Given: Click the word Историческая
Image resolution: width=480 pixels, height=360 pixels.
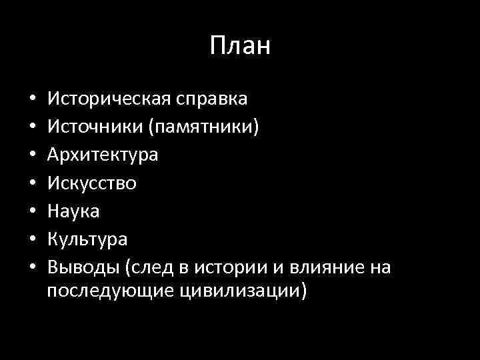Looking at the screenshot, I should [109, 99].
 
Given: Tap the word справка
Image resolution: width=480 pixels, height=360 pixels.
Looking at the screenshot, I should [212, 99].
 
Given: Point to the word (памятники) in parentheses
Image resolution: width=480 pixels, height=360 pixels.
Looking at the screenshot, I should [199, 127].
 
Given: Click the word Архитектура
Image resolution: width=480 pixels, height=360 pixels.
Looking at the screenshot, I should [103, 155].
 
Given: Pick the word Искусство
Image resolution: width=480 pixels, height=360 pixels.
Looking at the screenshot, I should [93, 183].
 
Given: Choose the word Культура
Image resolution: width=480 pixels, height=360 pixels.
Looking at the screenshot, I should [88, 239].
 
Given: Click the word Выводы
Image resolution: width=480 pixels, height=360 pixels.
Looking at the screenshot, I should [85, 267].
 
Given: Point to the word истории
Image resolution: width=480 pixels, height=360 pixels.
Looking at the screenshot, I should [237, 267].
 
